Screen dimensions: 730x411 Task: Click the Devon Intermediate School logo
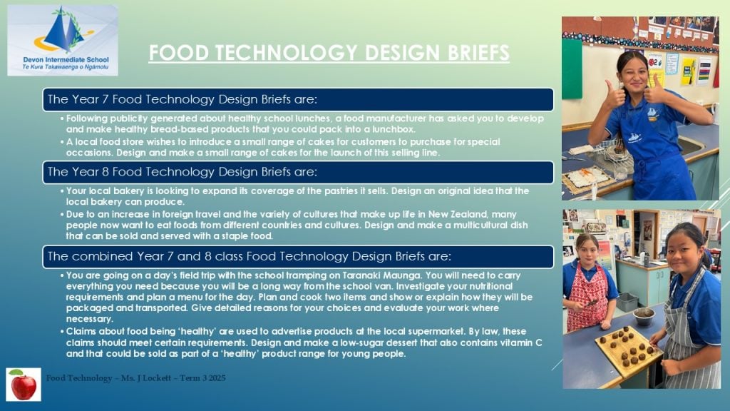coord(63,40)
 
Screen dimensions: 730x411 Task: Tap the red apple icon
coord(24,385)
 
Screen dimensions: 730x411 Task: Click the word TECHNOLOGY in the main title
coord(287,53)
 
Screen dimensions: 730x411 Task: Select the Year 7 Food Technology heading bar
coord(298,99)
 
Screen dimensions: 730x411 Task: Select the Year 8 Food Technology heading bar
coord(298,172)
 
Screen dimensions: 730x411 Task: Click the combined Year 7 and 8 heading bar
coord(298,257)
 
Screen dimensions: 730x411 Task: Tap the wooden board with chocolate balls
coord(628,351)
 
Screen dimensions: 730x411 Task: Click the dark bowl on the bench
coord(644,315)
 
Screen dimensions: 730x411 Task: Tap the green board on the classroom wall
coord(572,68)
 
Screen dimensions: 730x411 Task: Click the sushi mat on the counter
coord(588,178)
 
